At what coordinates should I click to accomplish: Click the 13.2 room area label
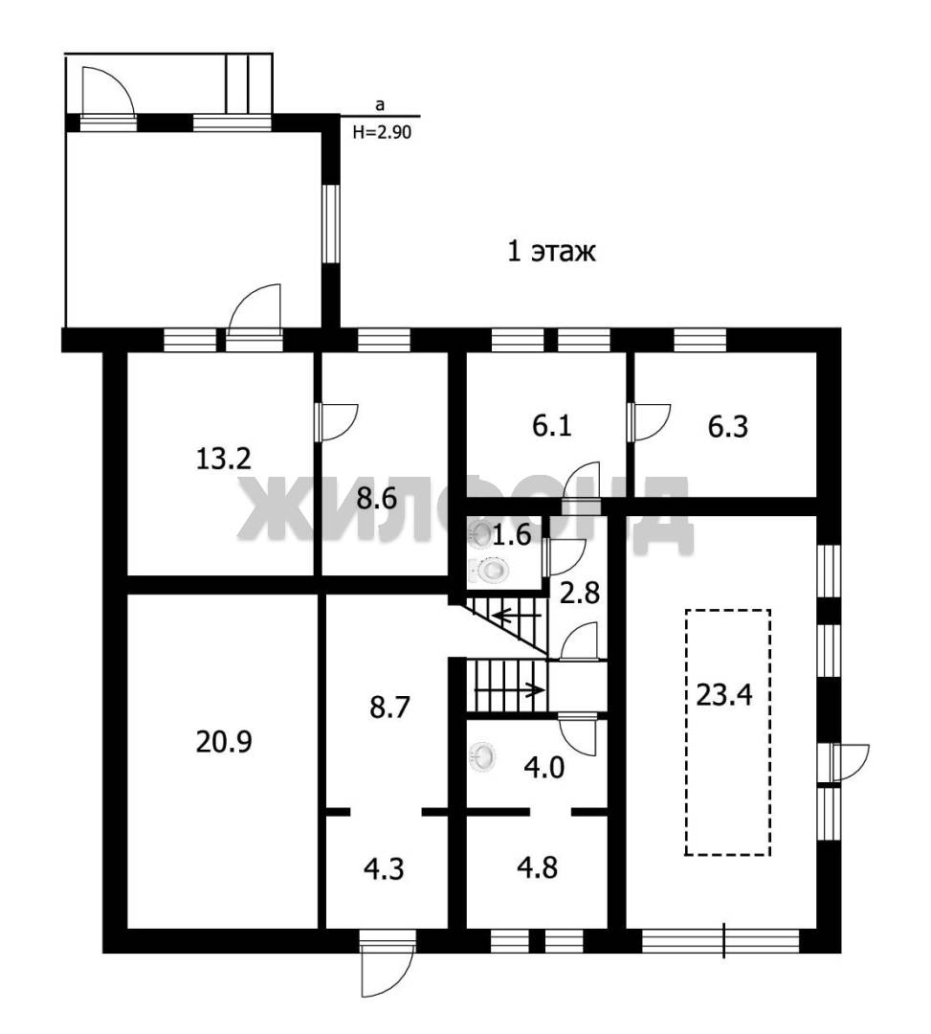point(224,459)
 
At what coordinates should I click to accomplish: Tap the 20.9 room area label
point(224,743)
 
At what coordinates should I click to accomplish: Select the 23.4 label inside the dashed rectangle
point(724,695)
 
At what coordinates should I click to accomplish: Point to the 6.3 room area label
point(728,427)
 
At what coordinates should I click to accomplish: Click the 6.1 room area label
point(551,427)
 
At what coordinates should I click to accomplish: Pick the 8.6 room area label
point(377,499)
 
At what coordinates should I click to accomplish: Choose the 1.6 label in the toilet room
point(512,535)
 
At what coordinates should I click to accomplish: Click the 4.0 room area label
point(544,768)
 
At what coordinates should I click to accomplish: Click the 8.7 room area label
point(390,708)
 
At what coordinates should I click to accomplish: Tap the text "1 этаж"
point(551,252)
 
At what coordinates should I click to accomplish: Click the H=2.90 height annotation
point(382,132)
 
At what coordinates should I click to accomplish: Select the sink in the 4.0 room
point(482,756)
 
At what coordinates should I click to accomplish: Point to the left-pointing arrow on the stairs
point(518,617)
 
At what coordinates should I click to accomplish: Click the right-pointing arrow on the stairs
point(509,690)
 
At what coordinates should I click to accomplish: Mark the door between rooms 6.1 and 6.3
point(649,420)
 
